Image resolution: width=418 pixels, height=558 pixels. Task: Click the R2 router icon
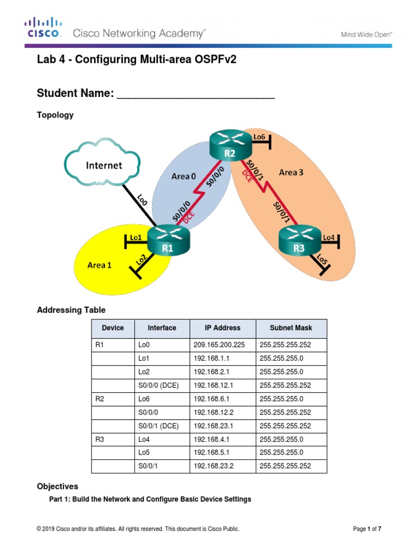click(x=230, y=147)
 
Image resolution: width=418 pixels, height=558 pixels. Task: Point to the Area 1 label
click(x=99, y=265)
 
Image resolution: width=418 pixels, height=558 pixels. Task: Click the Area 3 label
click(x=291, y=173)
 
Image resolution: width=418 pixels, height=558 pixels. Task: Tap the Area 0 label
click(x=184, y=176)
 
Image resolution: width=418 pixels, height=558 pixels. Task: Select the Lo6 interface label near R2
click(x=259, y=137)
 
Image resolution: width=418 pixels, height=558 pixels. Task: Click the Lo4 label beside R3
click(x=329, y=238)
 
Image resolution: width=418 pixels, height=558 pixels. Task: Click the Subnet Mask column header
click(x=291, y=328)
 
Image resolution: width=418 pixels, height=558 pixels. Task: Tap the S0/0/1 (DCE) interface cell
click(x=158, y=426)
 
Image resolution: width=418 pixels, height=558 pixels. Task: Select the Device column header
click(x=113, y=328)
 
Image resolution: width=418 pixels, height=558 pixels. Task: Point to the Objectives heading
click(x=57, y=486)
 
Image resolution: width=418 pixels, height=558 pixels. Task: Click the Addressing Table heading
click(x=71, y=310)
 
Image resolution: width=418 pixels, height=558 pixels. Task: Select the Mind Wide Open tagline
click(x=366, y=34)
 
